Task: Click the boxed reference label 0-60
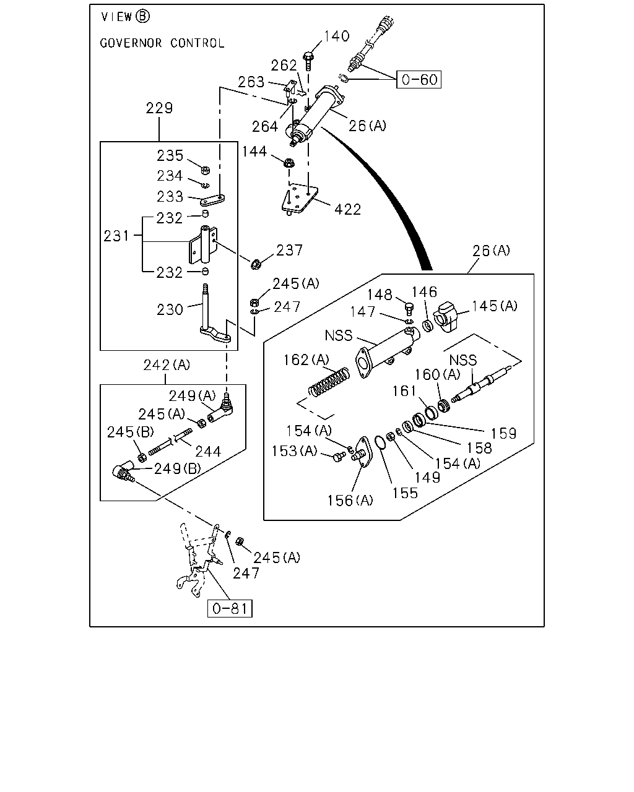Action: tap(419, 79)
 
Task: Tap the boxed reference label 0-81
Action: tap(230, 608)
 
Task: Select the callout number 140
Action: tap(337, 36)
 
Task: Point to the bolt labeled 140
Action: tap(308, 61)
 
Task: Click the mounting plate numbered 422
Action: tap(299, 200)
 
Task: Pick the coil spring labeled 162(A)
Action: tap(329, 383)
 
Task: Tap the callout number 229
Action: tap(159, 108)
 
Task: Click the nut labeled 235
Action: tap(206, 170)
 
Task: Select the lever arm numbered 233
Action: tap(212, 200)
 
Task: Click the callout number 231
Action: tap(116, 236)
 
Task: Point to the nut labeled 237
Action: tap(256, 264)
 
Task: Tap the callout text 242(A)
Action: tap(167, 365)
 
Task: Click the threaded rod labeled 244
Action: tap(170, 442)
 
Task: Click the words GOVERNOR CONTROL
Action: tap(162, 43)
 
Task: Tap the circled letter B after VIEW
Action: tap(142, 16)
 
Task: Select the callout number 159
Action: tap(503, 434)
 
